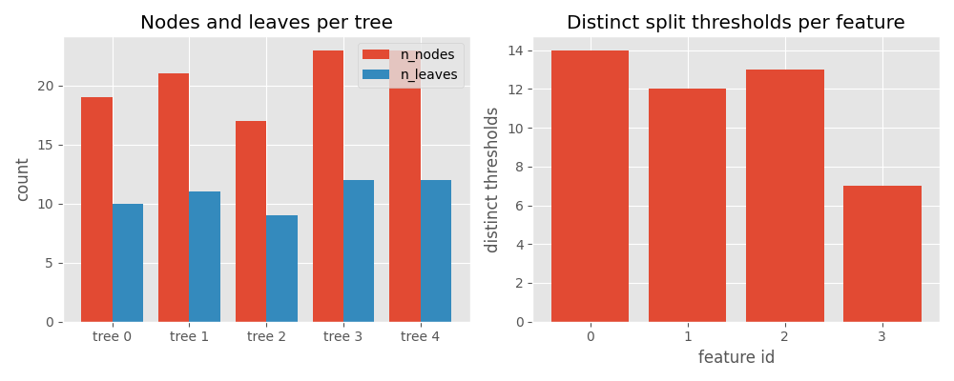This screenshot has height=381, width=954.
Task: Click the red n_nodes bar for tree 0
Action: pyautogui.click(x=96, y=210)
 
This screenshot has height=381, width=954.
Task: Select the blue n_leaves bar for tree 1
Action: pyautogui.click(x=204, y=257)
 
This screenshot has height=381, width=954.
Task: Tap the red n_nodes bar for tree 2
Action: pyautogui.click(x=251, y=221)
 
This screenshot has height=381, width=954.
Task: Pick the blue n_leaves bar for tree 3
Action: pyautogui.click(x=359, y=251)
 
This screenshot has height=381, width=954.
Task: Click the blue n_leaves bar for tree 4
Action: pyautogui.click(x=436, y=251)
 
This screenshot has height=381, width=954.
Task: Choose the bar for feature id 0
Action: pyautogui.click(x=590, y=186)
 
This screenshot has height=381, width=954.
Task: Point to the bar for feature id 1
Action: pyautogui.click(x=687, y=205)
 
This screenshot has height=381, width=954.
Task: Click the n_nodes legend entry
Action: pyautogui.click(x=410, y=55)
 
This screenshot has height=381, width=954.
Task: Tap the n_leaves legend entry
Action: pyautogui.click(x=410, y=74)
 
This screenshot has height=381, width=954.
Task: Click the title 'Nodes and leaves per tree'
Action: pyautogui.click(x=266, y=23)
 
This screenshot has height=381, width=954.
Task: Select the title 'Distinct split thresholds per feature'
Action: pyautogui.click(x=736, y=23)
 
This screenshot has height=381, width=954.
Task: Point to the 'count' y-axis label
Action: pyautogui.click(x=23, y=179)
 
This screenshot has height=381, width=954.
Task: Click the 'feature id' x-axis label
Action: pyautogui.click(x=736, y=357)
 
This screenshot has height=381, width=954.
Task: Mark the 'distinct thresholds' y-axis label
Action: pyautogui.click(x=492, y=179)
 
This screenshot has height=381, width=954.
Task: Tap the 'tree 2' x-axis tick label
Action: pyautogui.click(x=266, y=336)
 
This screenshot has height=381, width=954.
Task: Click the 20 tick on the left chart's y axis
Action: pyautogui.click(x=47, y=86)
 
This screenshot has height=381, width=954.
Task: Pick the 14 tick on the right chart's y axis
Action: pyautogui.click(x=515, y=50)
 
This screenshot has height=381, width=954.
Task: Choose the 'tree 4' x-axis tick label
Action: pyautogui.click(x=421, y=336)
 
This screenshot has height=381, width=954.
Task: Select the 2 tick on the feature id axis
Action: pyautogui.click(x=784, y=336)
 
